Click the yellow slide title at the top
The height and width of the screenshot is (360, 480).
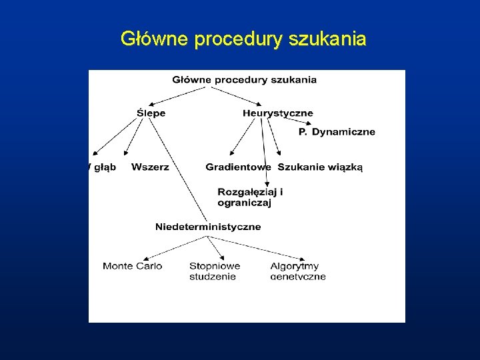pos(243,39)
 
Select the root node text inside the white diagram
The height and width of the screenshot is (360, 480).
pos(245,80)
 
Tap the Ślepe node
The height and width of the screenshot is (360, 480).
pos(151,113)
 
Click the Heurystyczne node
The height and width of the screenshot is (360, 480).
pos(277,113)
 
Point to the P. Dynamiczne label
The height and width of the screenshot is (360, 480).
pos(337,132)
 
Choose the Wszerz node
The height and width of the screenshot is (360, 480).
pos(150,167)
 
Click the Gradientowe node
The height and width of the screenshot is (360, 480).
pos(238,167)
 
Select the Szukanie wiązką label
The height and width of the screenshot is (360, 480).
pos(320,167)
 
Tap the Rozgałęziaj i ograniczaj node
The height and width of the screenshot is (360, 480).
pos(250,197)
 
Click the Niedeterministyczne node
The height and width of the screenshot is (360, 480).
pos(208,227)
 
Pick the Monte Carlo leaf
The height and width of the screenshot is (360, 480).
pos(133,266)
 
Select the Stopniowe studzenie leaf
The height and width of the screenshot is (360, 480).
pos(215,271)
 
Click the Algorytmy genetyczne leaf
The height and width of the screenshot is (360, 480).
pos(298,271)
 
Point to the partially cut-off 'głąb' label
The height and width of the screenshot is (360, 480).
pos(103,167)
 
